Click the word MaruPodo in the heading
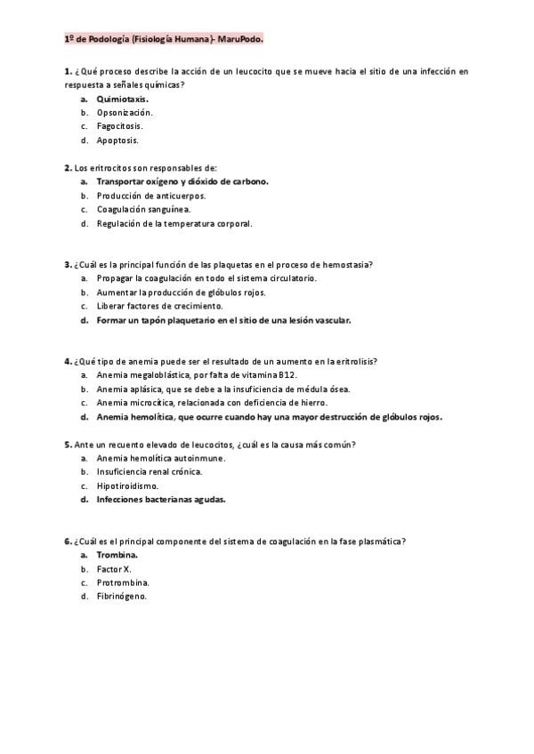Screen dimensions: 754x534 243,40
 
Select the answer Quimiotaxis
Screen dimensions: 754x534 122,99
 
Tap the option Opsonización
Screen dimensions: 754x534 124,113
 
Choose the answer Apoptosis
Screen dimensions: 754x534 117,140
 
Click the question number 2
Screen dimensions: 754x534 68,167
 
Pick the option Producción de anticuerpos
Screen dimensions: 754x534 150,195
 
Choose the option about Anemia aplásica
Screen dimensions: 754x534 223,389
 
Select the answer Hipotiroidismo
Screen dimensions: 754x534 127,485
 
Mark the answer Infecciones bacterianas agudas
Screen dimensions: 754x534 161,499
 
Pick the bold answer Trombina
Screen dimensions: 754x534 117,555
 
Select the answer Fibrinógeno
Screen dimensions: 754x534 121,596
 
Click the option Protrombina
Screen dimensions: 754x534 123,582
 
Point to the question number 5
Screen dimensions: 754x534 68,444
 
